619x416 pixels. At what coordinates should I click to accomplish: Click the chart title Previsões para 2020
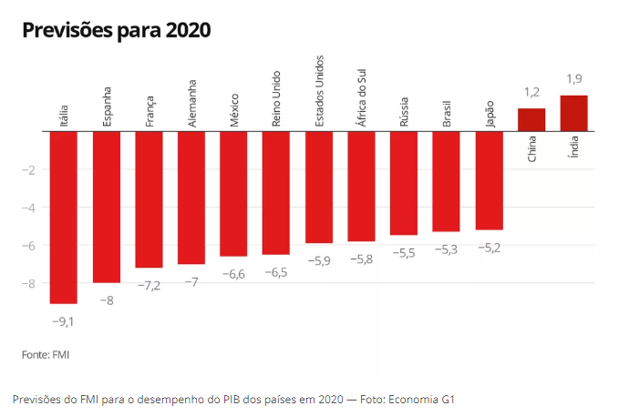[116, 30]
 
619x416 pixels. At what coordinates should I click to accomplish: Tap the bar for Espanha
[107, 207]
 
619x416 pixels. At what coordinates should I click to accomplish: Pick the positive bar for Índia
[573, 113]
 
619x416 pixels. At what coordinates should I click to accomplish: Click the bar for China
[531, 119]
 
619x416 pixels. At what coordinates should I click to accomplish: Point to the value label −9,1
[64, 320]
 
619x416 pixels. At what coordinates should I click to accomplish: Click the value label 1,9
[574, 79]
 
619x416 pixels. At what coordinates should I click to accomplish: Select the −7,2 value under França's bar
[149, 285]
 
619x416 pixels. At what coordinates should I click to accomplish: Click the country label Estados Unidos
[319, 91]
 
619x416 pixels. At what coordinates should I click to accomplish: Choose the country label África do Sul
[362, 98]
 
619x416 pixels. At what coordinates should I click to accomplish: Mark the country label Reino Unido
[277, 98]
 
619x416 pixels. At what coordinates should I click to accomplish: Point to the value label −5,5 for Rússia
[404, 252]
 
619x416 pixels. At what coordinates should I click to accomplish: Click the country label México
[234, 109]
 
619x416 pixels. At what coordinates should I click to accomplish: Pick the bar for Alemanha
[191, 198]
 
